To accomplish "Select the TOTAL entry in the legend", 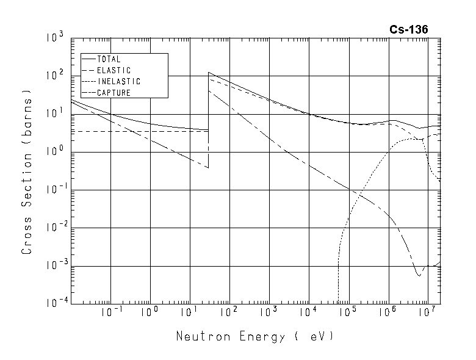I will pyautogui.click(x=109, y=60).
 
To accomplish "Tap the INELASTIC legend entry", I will pyautogui.click(x=118, y=82).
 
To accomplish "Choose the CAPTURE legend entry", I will pyautogui.click(x=114, y=93).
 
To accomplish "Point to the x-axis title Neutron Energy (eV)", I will pyautogui.click(x=255, y=336).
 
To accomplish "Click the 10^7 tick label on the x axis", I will pyautogui.click(x=427, y=312).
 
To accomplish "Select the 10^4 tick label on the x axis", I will pyautogui.click(x=308, y=312).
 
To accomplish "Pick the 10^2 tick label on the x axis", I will pyautogui.click(x=228, y=312).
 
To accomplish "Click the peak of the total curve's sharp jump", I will pyautogui.click(x=209, y=72).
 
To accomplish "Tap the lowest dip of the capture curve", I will pyautogui.click(x=419, y=276).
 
